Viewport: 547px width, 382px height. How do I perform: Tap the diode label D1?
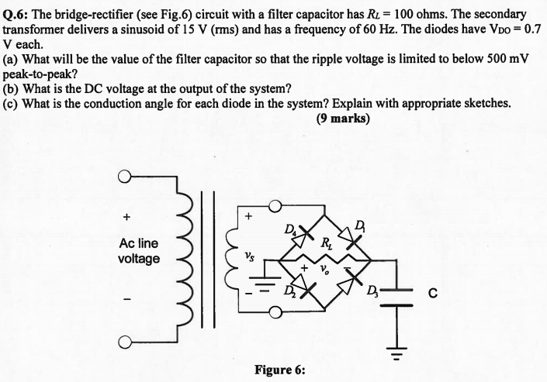358,225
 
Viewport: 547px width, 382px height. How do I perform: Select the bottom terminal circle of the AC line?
123,343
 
